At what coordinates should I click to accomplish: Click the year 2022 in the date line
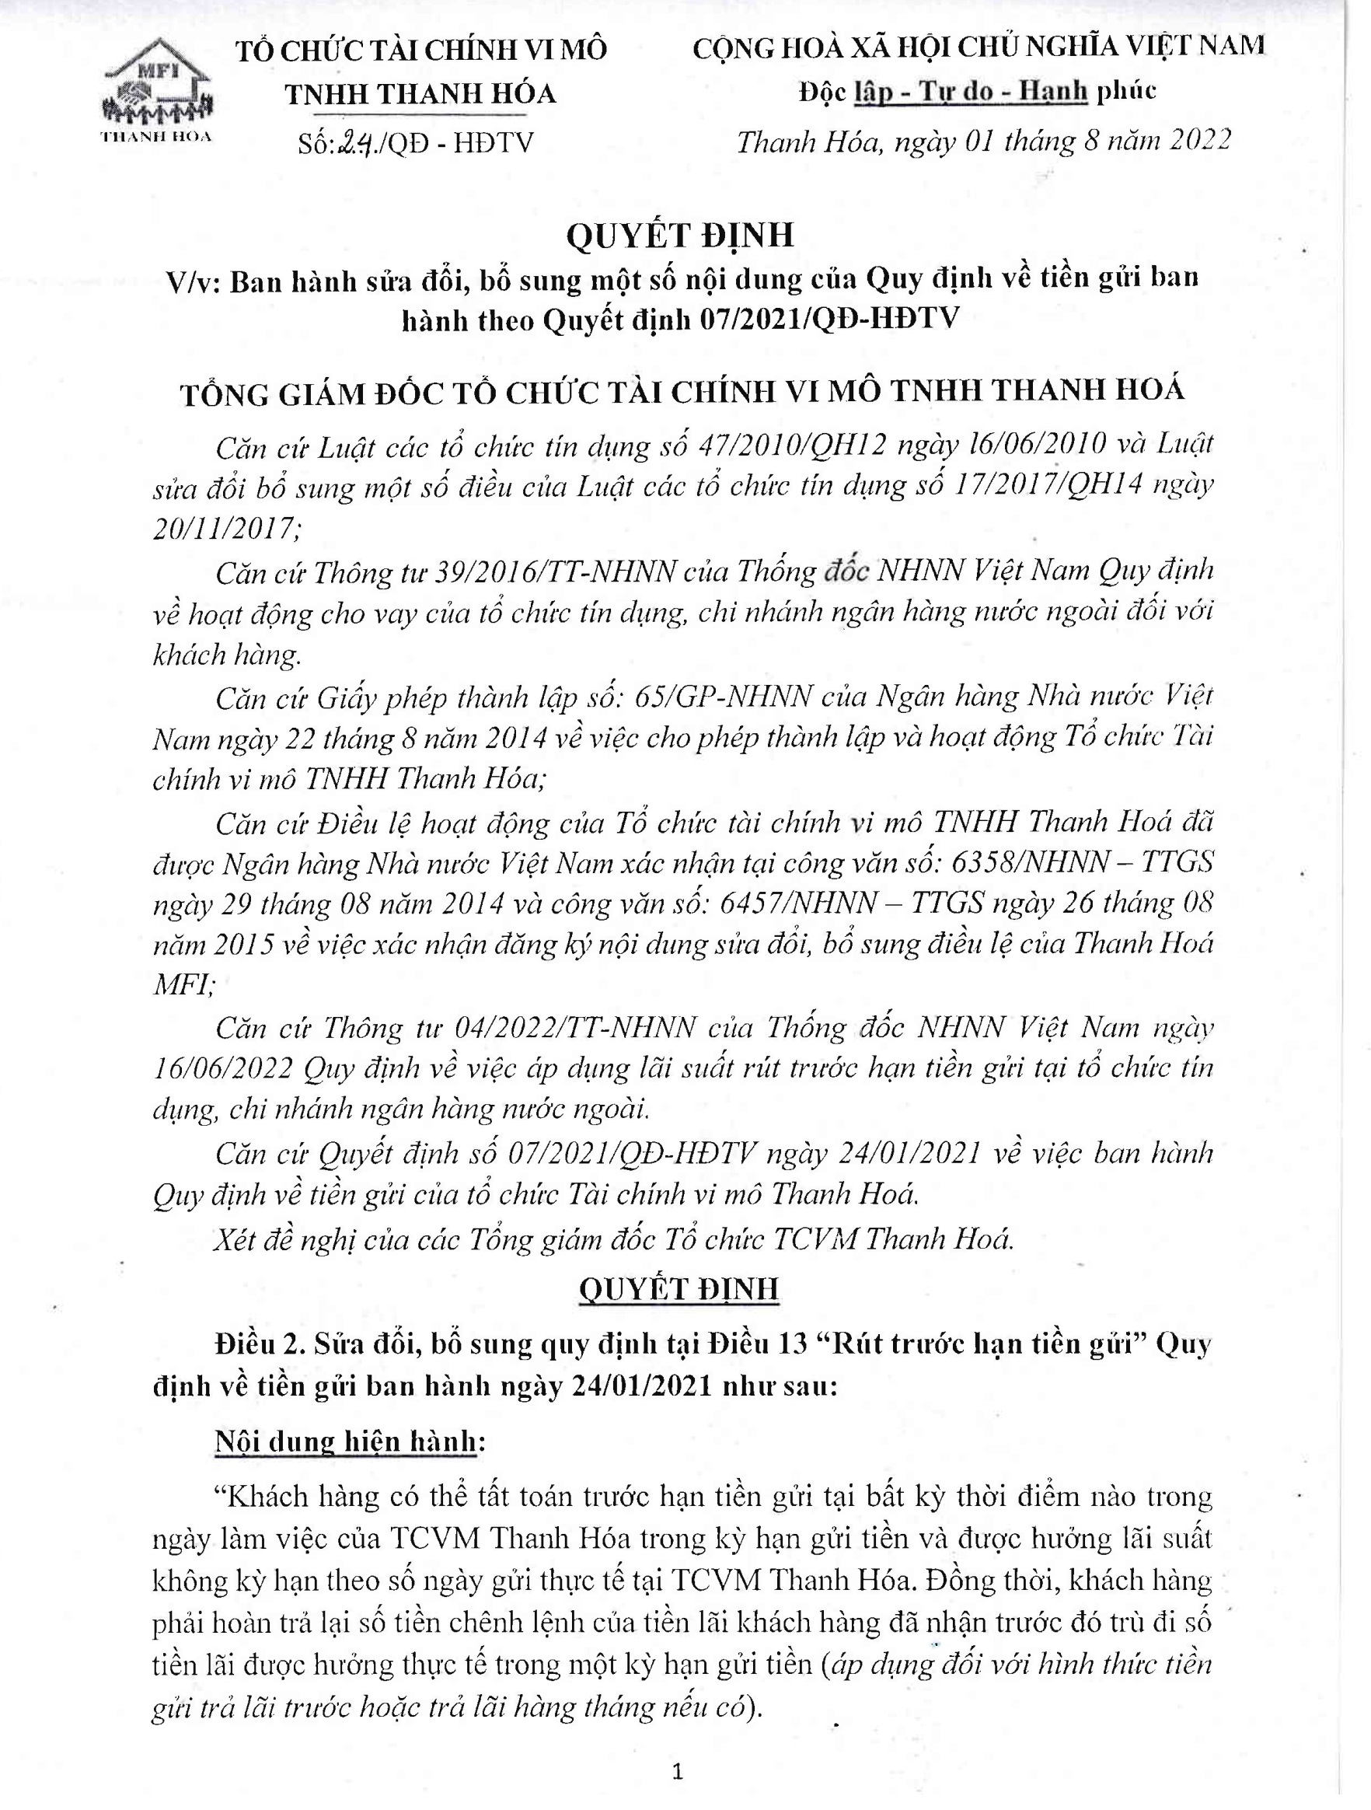tap(1200, 141)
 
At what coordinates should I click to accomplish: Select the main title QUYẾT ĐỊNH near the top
tap(680, 236)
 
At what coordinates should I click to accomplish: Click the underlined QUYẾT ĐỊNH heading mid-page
tap(679, 1290)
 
